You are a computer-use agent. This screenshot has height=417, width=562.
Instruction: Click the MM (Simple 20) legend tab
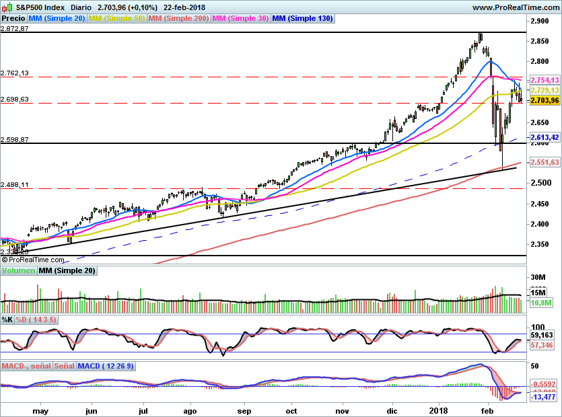click(x=57, y=19)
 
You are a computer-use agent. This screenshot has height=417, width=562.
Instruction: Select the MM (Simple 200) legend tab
click(x=178, y=19)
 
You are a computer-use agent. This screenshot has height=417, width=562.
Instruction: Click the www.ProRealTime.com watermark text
click(x=515, y=7)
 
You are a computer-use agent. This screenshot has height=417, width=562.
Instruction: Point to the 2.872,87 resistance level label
click(x=15, y=29)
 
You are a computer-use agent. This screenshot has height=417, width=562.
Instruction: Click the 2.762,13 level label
click(x=15, y=73)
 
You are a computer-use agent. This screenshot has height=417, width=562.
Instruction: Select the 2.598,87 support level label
click(x=15, y=140)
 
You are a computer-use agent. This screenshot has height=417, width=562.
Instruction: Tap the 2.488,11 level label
click(x=15, y=184)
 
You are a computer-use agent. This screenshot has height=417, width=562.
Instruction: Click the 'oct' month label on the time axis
click(x=291, y=409)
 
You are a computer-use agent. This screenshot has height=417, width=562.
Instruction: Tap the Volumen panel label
click(x=18, y=270)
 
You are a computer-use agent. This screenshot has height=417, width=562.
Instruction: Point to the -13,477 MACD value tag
click(x=545, y=397)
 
